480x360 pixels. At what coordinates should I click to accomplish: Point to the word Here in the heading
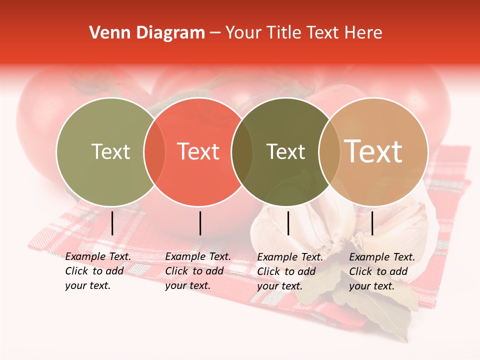364,33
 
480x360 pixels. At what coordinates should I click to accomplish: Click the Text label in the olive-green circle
110,151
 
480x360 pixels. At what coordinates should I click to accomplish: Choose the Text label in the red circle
198,151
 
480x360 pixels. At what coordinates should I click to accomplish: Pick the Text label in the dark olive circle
285,151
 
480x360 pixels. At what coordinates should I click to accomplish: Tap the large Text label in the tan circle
373,151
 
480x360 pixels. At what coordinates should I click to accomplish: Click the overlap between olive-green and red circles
154,151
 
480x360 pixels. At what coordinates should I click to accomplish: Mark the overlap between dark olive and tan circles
328,151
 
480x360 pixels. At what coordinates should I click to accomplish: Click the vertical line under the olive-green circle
112,223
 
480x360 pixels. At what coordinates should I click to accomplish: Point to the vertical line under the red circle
200,223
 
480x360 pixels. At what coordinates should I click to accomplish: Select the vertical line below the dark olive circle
288,223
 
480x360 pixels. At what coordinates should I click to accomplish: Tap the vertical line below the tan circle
372,223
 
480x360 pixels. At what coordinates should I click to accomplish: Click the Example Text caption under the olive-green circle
98,271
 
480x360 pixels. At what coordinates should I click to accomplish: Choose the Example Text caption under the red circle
198,271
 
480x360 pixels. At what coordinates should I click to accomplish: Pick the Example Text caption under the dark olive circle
290,271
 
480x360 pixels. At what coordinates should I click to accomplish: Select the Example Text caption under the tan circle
382,271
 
